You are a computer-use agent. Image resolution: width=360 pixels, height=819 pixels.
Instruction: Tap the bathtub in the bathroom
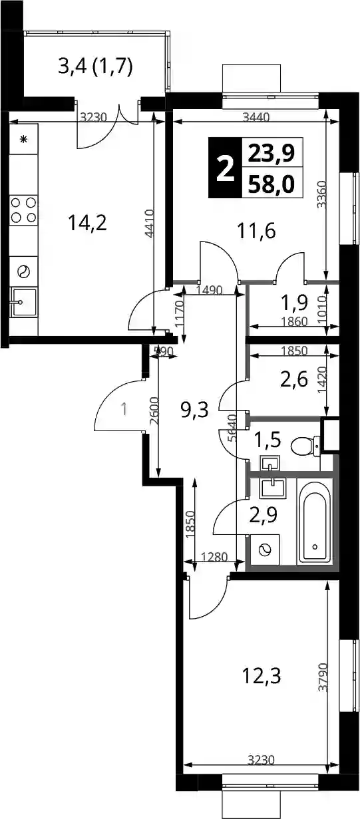[x=314, y=522]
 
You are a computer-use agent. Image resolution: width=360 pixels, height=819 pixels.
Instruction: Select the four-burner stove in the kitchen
[x=24, y=210]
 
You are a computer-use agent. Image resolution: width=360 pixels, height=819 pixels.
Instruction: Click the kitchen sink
[x=24, y=302]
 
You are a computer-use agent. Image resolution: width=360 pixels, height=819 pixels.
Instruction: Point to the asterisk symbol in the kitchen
[x=24, y=139]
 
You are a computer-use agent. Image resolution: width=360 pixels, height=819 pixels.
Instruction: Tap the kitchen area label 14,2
[x=87, y=223]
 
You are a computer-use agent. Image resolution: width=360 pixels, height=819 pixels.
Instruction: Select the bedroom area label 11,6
[x=256, y=231]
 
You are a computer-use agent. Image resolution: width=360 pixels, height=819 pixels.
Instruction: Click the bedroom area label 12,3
[x=262, y=676]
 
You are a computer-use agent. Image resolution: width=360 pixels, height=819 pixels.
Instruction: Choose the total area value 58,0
[x=271, y=185]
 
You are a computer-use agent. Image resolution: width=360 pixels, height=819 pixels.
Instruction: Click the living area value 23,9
[x=271, y=153]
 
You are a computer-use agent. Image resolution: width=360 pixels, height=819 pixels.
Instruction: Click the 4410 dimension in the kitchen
[x=149, y=224]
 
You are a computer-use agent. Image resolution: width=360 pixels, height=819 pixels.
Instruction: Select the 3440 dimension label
[x=256, y=117]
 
